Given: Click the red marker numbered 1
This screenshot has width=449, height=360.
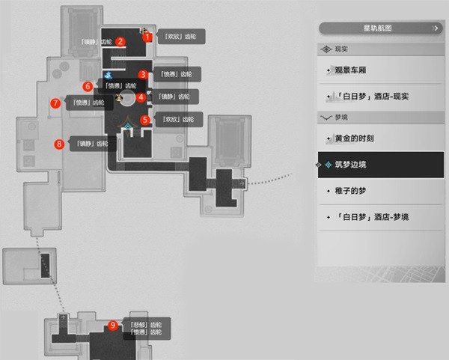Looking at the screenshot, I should click(x=147, y=36).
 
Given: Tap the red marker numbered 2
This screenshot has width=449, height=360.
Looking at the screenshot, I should click(x=120, y=42).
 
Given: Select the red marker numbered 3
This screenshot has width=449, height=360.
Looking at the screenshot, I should click(x=143, y=74).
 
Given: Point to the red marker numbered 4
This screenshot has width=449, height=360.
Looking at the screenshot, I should click(x=141, y=96).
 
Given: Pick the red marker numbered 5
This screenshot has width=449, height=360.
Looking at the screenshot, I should click(x=145, y=119).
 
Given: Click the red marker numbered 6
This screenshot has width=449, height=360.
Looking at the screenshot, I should click(x=88, y=86).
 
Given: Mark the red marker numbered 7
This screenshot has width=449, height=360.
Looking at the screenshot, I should click(x=55, y=103).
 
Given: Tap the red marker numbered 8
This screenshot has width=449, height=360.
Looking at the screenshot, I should click(x=59, y=144).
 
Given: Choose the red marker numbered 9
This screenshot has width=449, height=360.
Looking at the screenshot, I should click(x=113, y=325).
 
